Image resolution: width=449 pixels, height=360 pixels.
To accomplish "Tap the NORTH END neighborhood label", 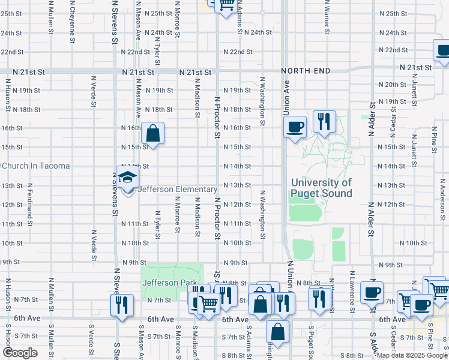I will pos(306,71).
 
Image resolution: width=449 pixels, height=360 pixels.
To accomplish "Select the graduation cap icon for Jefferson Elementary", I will pos(128,178).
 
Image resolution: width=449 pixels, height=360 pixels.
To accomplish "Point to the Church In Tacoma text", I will pos(36,166).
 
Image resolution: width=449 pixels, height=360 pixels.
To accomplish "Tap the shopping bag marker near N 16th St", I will pos(153,133).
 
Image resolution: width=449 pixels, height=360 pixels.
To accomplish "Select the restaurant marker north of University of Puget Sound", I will pos(324,122).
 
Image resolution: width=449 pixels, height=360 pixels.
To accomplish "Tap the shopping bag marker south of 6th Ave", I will pos(278,332).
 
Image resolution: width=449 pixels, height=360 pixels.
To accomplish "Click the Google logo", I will pos(20,353).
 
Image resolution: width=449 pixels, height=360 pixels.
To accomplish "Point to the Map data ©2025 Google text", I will pos(412,355).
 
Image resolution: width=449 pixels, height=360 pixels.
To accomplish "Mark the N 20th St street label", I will pos(396,85).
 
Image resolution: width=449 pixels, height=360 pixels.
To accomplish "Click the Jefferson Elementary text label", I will pos(178,190).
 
